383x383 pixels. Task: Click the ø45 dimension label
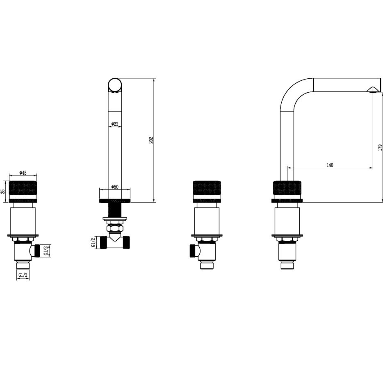23,173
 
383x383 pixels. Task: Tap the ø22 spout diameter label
114,124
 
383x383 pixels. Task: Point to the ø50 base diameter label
114,187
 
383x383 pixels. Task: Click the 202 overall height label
151,140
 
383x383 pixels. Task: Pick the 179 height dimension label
380,147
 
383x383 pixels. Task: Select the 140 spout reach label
330,165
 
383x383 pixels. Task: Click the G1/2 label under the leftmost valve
23,275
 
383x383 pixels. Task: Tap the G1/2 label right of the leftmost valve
46,251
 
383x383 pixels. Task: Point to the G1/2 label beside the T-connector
93,242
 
